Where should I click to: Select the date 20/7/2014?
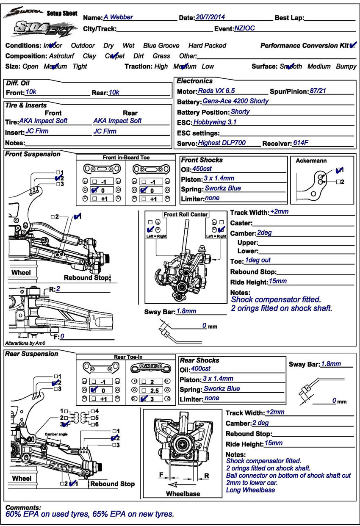coord(210,17)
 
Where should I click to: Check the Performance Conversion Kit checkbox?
coord(353,45)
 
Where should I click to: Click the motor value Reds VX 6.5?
coord(216,91)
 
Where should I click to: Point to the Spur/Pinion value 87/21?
coord(318,91)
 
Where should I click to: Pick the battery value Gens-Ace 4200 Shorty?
coord(235,101)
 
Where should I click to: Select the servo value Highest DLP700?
coord(222,143)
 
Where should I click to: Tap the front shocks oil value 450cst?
coord(202,169)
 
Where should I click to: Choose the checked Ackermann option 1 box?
coord(339,170)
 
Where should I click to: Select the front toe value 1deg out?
coord(258,260)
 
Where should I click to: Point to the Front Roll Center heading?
coord(186,214)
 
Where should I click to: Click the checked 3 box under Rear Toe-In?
coord(144,399)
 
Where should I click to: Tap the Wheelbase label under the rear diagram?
coord(183,493)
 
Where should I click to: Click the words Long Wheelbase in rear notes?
coord(250,490)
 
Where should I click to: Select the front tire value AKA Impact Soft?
coord(43,121)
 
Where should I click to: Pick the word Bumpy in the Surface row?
coord(346,66)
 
